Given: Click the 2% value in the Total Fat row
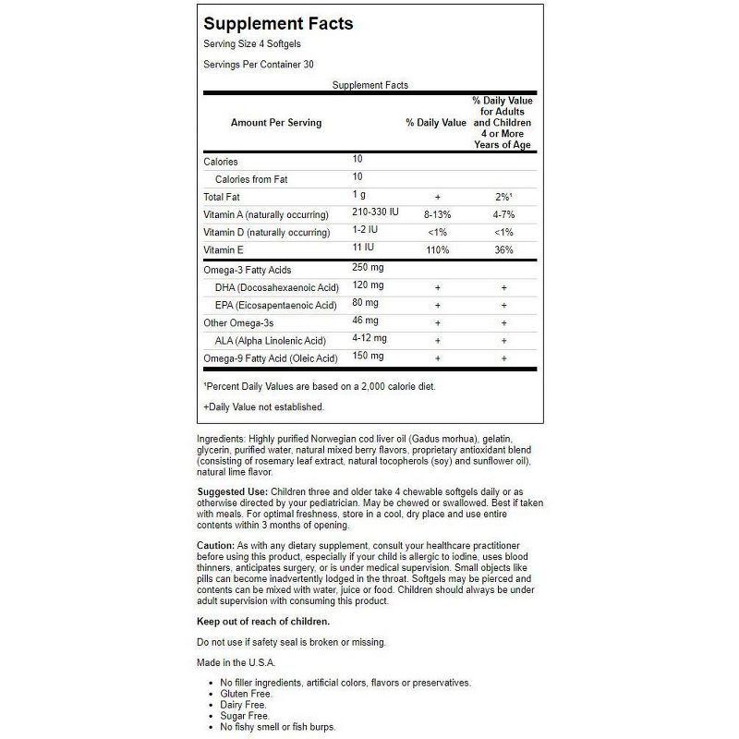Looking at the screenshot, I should click(x=503, y=197).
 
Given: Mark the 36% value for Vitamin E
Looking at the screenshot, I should click(x=503, y=250).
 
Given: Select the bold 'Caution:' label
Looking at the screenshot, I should click(x=216, y=546).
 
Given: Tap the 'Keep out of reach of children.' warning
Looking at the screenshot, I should click(x=263, y=621).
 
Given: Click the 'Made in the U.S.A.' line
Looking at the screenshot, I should click(x=236, y=662).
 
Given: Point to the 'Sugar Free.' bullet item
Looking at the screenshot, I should click(x=237, y=715).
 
